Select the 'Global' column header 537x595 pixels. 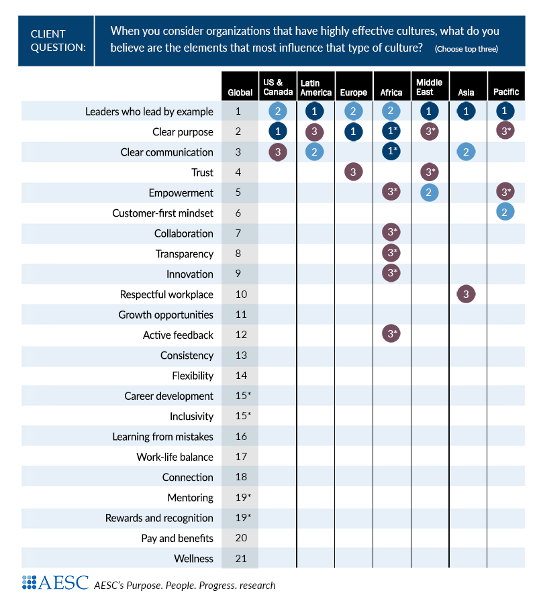240,93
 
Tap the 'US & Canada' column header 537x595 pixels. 278,87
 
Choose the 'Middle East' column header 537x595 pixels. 429,87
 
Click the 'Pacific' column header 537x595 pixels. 505,93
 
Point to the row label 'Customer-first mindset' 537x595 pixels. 162,213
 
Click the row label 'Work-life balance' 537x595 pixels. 175,457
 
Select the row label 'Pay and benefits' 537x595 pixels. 177,538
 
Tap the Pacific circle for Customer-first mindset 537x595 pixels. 505,213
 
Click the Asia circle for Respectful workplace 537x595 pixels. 466,294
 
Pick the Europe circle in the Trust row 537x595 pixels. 354,172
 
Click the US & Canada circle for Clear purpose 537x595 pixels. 278,131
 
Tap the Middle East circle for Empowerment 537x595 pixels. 429,193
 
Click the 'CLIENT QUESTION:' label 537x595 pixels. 58,40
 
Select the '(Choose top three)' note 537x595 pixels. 466,49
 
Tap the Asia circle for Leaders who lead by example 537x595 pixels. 466,111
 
